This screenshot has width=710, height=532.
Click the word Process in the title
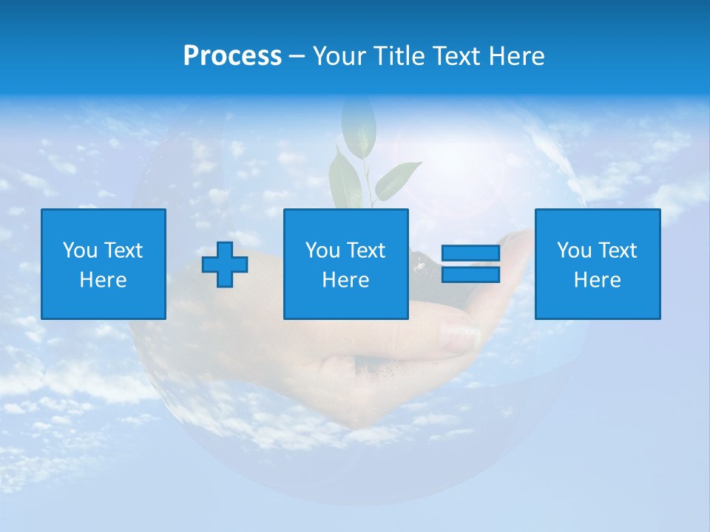coord(232,56)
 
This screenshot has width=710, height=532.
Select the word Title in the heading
coord(398,56)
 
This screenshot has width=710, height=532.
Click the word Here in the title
coord(516,56)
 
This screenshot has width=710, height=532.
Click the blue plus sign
coord(225,265)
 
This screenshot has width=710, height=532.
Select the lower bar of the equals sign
coord(470,275)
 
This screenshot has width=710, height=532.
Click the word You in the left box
coord(80,250)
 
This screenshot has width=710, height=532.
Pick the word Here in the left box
coord(103,280)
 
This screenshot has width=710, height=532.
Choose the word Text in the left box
coord(122,250)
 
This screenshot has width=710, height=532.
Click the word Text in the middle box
coord(365,250)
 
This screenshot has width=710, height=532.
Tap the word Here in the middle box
coord(345,280)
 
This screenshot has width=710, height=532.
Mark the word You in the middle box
coord(322,250)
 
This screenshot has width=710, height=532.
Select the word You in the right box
coord(574,250)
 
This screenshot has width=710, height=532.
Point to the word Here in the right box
coord(597,280)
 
